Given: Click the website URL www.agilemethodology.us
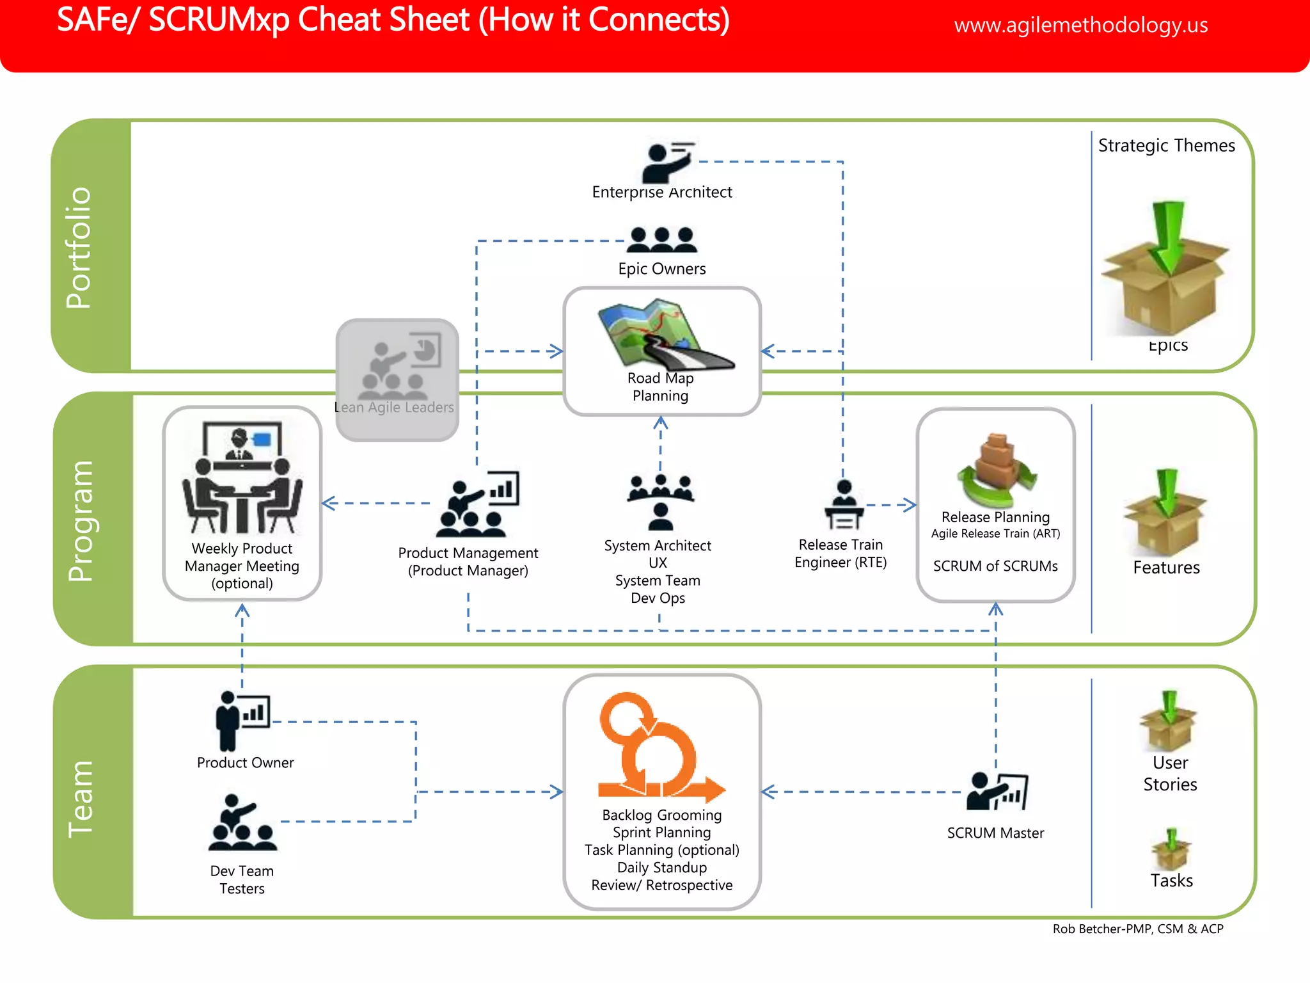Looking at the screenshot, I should (1080, 25).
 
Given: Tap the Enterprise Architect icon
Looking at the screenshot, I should (667, 163).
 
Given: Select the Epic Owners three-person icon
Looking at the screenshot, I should (662, 240).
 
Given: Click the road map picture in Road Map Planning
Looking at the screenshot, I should (663, 334).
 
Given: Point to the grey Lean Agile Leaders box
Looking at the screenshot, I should (397, 380).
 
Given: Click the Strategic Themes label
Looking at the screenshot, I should (1166, 146).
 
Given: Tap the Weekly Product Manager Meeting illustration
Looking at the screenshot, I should (242, 477).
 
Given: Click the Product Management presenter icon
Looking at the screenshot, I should (477, 505).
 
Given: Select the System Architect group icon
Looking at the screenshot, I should (660, 502).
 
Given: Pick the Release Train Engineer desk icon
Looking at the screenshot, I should (844, 505).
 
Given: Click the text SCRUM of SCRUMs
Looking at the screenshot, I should (995, 566).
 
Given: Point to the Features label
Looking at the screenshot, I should (1166, 568).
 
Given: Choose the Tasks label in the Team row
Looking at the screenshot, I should (1171, 881).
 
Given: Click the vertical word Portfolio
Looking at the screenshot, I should (79, 248).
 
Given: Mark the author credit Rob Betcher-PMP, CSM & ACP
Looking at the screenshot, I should (1137, 929).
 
